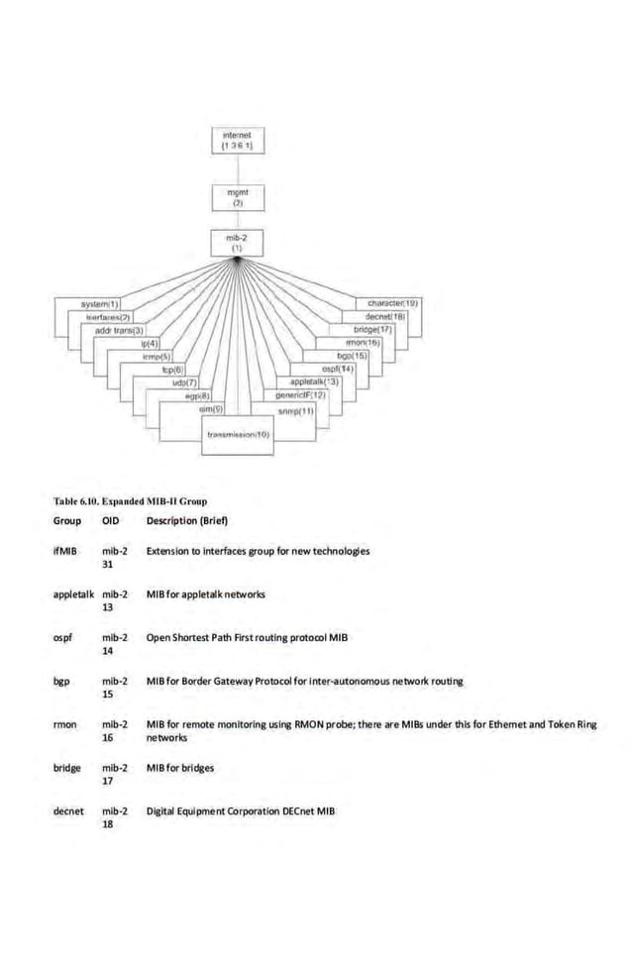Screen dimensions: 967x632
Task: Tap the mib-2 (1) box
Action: (x=238, y=241)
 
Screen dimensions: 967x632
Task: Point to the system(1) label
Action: (x=100, y=302)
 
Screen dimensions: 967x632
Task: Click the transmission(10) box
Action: (x=238, y=434)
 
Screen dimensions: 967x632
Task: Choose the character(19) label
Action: (x=392, y=302)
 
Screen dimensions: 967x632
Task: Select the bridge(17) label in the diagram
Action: (x=373, y=328)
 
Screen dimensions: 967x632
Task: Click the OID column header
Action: (x=110, y=520)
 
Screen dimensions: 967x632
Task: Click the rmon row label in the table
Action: (x=65, y=725)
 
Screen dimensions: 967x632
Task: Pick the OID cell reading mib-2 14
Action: (x=115, y=644)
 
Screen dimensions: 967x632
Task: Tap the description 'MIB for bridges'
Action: (x=179, y=768)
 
